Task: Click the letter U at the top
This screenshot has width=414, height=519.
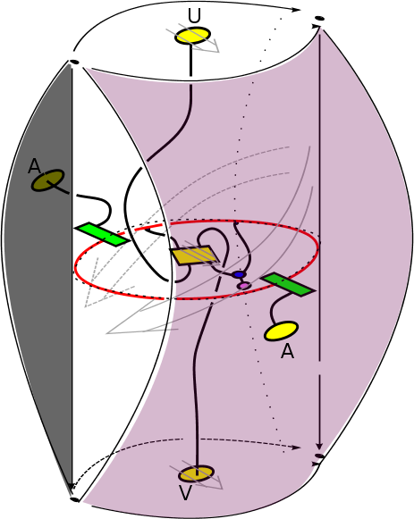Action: click(194, 15)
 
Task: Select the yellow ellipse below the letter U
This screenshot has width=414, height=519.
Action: click(193, 36)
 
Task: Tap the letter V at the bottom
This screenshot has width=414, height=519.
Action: click(185, 492)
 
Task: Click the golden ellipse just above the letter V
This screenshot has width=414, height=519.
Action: click(196, 474)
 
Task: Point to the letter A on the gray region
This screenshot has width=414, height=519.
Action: click(34, 166)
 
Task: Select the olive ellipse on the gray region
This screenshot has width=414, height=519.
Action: click(47, 180)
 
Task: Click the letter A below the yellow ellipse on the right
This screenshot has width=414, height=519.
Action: click(287, 351)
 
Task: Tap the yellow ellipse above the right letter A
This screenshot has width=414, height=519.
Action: click(281, 331)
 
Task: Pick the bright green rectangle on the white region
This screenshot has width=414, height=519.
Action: click(102, 234)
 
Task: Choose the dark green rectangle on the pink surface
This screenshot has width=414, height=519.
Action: click(288, 285)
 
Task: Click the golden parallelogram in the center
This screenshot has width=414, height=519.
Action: click(194, 255)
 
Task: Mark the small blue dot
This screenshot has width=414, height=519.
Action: click(239, 274)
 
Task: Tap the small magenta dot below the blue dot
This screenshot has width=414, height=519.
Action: click(244, 285)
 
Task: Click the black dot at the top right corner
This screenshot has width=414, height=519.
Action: click(319, 19)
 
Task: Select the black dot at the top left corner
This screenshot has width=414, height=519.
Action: click(74, 62)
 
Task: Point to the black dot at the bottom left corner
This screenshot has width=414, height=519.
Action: click(75, 499)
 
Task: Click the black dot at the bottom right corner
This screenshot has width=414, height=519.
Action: click(319, 456)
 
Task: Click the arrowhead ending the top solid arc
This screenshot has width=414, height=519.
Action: click(296, 10)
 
